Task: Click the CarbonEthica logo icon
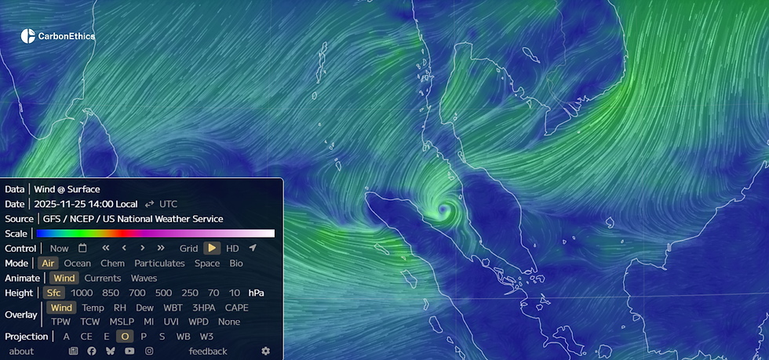pyautogui.click(x=28, y=35)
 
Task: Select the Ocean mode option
pyautogui.click(x=77, y=264)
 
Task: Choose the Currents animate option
pyautogui.click(x=102, y=278)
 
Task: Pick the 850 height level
pyautogui.click(x=111, y=293)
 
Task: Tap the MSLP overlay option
pyautogui.click(x=122, y=322)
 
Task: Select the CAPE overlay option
pyautogui.click(x=236, y=307)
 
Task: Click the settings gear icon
pyautogui.click(x=266, y=351)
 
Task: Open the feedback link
pyautogui.click(x=208, y=351)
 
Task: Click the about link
pyautogui.click(x=21, y=351)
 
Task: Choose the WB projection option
pyautogui.click(x=184, y=336)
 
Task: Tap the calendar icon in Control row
pyautogui.click(x=82, y=249)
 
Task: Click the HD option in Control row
pyautogui.click(x=232, y=249)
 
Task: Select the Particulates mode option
pyautogui.click(x=159, y=264)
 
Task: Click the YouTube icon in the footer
pyautogui.click(x=129, y=351)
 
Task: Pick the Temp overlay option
pyautogui.click(x=93, y=307)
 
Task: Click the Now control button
pyautogui.click(x=59, y=249)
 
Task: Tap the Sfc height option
pyautogui.click(x=53, y=293)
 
